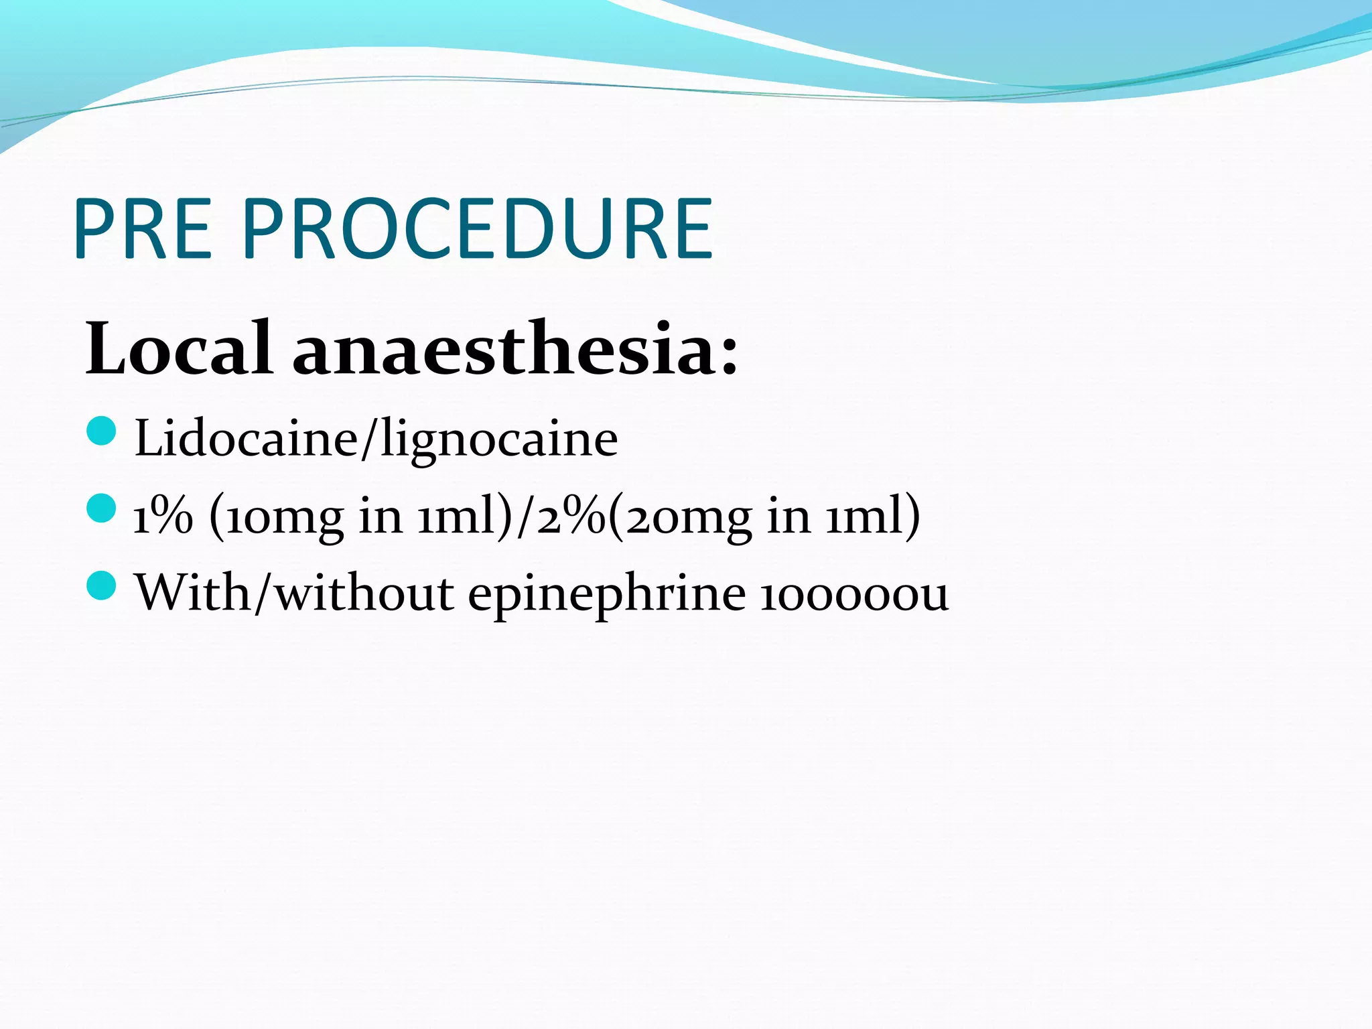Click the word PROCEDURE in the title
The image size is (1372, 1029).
478,229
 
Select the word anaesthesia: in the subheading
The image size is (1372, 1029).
514,349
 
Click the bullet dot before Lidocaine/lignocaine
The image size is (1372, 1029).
102,431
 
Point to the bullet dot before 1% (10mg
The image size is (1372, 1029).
102,508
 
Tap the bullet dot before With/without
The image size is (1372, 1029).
102,586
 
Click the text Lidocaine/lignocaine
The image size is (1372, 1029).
376,439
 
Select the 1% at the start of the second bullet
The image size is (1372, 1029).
163,517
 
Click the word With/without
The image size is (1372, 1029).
295,593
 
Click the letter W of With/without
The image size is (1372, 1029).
161,593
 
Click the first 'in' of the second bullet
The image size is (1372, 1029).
381,517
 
